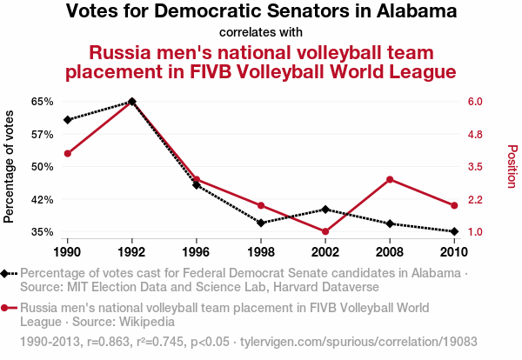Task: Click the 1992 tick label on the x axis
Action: (x=131, y=252)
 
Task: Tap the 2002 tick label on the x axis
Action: (x=325, y=252)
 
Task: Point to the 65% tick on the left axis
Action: (x=43, y=102)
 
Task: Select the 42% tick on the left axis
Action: (x=43, y=199)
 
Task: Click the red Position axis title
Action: (x=512, y=166)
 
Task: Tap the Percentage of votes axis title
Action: (x=10, y=166)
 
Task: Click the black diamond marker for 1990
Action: (x=67, y=119)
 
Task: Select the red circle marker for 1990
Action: (x=67, y=153)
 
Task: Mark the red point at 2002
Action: (x=325, y=231)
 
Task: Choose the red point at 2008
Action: (x=390, y=179)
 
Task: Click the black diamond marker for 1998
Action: (x=261, y=223)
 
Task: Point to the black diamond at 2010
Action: (x=454, y=231)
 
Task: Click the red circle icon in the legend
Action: (x=8, y=308)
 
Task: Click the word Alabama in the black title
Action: (x=414, y=12)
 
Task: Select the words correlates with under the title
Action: (x=261, y=32)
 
